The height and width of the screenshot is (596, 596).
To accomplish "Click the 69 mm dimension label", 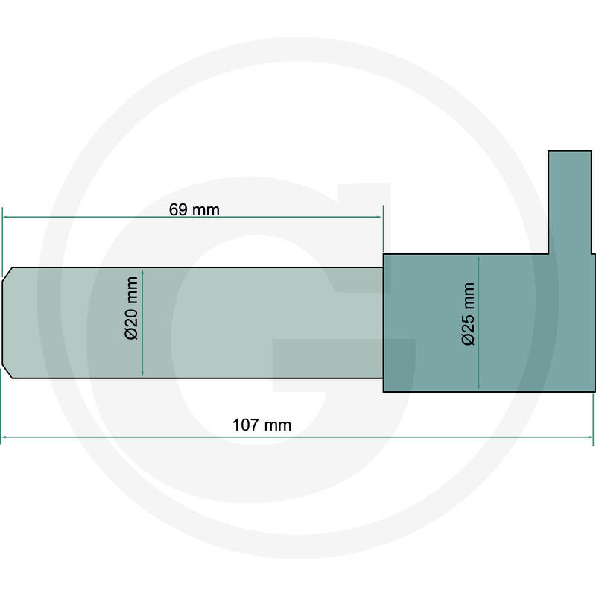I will (x=194, y=209).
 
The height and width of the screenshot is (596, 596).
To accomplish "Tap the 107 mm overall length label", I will (x=261, y=425).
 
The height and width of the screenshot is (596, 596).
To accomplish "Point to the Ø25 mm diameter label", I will (x=468, y=314).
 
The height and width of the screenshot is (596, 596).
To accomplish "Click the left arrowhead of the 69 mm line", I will (x=6, y=217).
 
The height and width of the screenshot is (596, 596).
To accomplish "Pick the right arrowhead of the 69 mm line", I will (x=379, y=217).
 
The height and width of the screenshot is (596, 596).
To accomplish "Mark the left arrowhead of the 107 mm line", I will (x=4, y=437).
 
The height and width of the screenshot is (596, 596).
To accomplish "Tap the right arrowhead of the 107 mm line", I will (x=591, y=437).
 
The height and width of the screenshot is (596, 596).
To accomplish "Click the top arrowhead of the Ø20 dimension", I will (x=142, y=272).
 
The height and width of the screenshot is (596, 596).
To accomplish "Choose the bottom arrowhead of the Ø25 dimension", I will (x=478, y=387).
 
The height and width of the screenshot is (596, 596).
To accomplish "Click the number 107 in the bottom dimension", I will (x=247, y=425).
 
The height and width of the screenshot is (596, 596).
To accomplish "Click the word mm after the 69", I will (x=206, y=209).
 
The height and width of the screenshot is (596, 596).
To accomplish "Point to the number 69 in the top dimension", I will (x=178, y=209).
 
